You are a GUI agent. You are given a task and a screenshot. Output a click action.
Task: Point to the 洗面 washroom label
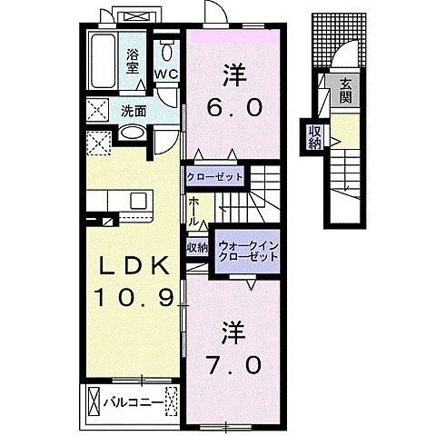point(133,112)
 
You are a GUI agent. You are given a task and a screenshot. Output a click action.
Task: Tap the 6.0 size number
point(235,106)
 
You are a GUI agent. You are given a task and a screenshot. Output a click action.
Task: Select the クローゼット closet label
point(214,176)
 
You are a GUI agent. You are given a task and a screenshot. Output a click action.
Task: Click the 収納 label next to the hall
point(198,246)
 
